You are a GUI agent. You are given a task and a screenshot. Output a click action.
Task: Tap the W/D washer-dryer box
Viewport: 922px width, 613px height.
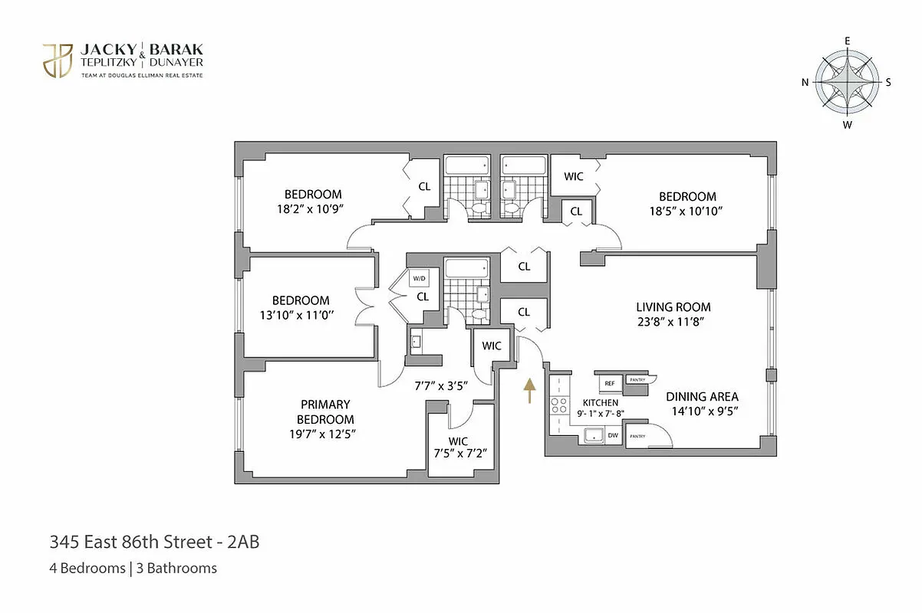(419, 278)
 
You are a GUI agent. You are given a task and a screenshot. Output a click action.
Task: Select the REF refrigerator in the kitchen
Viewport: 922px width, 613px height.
(610, 382)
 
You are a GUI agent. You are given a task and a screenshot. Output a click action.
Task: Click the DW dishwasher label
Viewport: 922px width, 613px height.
(612, 436)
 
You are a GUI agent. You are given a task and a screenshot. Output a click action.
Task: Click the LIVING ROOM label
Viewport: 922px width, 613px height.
(673, 307)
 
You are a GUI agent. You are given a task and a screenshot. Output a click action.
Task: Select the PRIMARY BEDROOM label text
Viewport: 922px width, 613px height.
(325, 411)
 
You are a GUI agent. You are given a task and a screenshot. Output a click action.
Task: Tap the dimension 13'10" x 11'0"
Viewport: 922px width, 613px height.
(301, 315)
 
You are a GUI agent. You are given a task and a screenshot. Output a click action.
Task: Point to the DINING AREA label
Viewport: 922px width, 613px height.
(702, 396)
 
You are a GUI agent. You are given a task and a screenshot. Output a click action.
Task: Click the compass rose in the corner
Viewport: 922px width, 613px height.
(847, 82)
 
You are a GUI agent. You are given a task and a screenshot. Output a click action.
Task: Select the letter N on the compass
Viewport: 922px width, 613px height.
(805, 83)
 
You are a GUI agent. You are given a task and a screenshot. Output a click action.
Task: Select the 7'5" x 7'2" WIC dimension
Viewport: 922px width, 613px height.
(458, 454)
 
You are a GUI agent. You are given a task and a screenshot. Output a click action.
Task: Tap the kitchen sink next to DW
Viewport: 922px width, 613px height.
(593, 436)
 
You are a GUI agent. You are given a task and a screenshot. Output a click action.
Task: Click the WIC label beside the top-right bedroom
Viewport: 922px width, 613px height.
(574, 176)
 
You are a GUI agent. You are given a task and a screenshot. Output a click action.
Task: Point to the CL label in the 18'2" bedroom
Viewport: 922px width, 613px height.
(424, 186)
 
